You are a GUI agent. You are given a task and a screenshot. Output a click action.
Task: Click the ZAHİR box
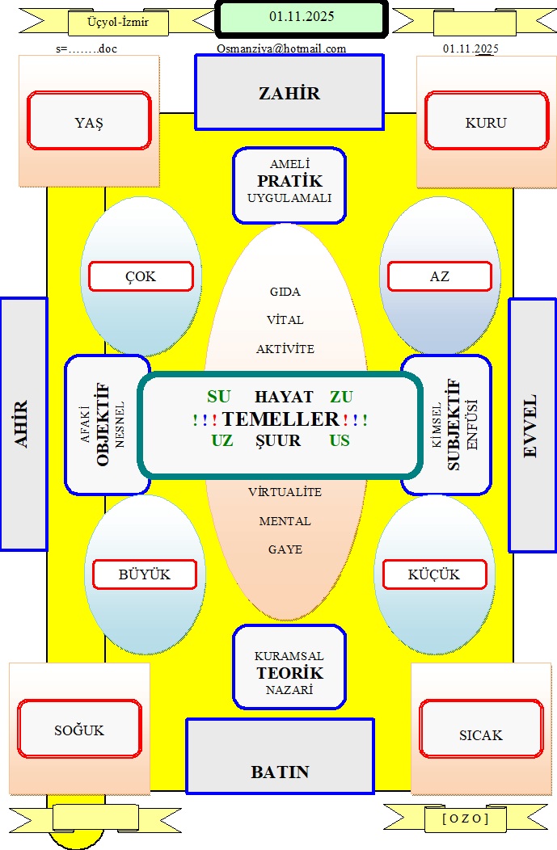click(289, 93)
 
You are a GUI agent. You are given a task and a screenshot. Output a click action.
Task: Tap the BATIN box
click(280, 772)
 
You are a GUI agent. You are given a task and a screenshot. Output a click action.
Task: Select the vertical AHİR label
click(23, 424)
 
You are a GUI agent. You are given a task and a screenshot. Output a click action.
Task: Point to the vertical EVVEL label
click(531, 426)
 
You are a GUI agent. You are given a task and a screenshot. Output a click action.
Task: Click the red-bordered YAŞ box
click(89, 123)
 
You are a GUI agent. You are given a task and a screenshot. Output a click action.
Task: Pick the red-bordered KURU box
click(486, 123)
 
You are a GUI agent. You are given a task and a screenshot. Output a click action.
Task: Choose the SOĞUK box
click(79, 730)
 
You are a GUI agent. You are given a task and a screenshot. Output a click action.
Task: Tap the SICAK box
click(481, 734)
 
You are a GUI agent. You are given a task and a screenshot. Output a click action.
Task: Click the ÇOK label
click(141, 276)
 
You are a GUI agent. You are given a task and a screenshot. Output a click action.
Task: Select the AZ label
click(440, 276)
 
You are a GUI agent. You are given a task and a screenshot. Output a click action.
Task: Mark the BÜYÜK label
click(145, 574)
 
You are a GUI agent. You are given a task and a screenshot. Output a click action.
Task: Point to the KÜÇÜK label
click(434, 574)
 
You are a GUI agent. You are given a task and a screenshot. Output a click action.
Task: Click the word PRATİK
click(289, 180)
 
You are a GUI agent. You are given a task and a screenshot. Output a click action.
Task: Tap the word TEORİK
click(289, 673)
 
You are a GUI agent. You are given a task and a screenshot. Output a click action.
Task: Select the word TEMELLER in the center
click(281, 419)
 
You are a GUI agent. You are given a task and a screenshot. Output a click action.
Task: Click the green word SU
click(219, 397)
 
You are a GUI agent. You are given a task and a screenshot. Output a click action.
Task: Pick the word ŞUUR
click(278, 441)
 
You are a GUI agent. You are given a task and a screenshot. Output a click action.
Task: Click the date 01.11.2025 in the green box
click(302, 16)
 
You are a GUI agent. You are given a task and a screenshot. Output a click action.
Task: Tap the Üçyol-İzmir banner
click(118, 22)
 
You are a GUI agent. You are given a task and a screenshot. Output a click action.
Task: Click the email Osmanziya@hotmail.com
click(281, 48)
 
